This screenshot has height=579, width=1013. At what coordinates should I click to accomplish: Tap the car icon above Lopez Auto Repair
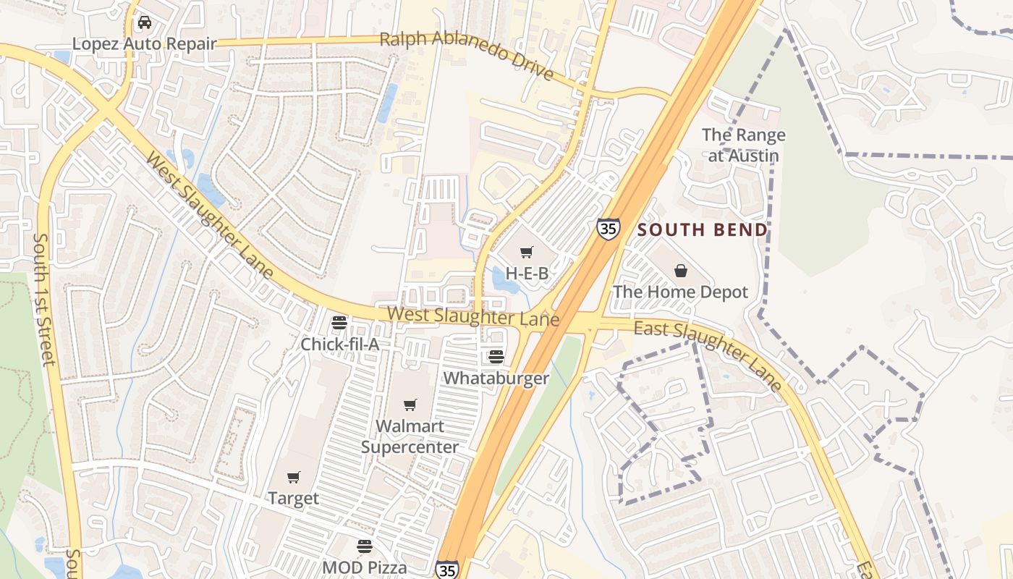(x=145, y=22)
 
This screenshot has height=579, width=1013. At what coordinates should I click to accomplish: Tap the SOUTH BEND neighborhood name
(x=702, y=230)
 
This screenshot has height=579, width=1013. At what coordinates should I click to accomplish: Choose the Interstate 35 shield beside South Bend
(x=608, y=229)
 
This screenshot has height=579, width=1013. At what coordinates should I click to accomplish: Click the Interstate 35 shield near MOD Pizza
(x=446, y=570)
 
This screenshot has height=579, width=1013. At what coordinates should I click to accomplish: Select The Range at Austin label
(x=743, y=145)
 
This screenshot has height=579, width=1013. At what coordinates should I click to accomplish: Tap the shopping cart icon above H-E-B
(x=527, y=253)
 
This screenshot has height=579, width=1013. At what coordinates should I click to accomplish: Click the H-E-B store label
(x=527, y=274)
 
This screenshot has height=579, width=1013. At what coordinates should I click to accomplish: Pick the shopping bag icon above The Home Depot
(x=680, y=271)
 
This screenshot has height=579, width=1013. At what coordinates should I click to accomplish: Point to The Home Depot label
(x=680, y=292)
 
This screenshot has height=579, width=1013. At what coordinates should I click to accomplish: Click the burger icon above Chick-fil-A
(x=339, y=323)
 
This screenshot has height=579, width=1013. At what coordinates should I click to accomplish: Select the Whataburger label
(x=496, y=378)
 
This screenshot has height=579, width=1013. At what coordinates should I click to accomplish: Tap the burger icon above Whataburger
(x=496, y=357)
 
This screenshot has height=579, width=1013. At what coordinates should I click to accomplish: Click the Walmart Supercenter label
(x=410, y=436)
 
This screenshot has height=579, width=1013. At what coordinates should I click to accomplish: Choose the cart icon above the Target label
(x=293, y=477)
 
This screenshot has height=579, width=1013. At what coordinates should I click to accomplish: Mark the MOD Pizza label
(x=365, y=567)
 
